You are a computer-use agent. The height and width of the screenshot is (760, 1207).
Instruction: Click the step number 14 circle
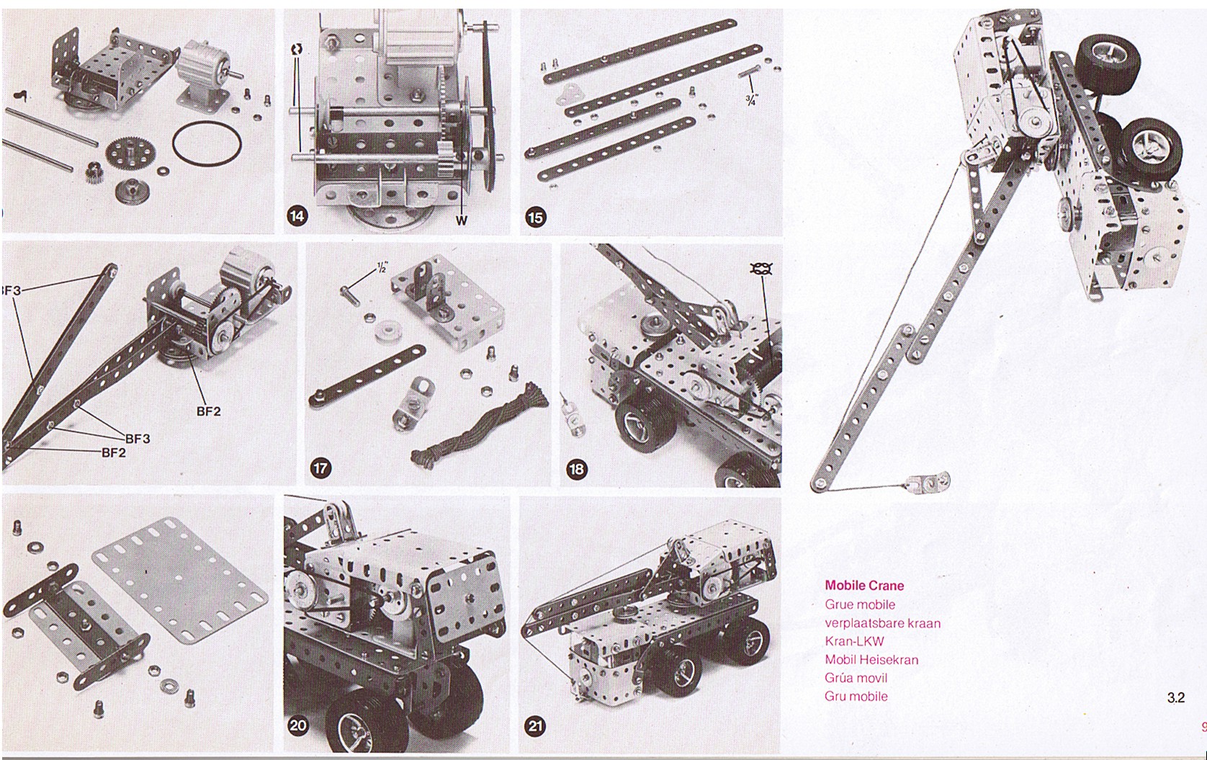coord(297,217)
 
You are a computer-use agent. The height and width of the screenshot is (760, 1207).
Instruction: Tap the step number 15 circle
coord(535,218)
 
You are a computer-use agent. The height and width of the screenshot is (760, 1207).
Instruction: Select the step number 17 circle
coord(320,468)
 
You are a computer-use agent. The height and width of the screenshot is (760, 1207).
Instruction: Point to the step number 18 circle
coord(576,468)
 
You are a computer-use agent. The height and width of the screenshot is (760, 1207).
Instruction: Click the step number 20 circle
coord(298,725)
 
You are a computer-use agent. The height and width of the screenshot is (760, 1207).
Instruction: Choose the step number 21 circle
coord(535,726)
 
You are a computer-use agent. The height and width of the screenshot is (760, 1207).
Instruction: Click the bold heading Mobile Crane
coord(864,586)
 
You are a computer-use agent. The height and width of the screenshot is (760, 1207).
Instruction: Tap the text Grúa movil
coord(856,678)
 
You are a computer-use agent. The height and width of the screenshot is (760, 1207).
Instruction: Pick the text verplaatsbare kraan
coord(883,623)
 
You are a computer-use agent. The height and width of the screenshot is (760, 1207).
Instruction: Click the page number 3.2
coord(1176,698)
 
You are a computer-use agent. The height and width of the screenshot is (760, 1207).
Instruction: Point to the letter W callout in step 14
coord(461,220)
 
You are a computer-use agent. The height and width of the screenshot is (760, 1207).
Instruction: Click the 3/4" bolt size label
coord(751,99)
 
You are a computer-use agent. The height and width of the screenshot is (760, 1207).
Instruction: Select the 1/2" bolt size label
coord(382,267)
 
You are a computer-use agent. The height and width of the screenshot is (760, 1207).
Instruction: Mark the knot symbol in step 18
coord(761,269)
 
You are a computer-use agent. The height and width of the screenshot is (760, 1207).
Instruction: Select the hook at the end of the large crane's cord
coord(928,481)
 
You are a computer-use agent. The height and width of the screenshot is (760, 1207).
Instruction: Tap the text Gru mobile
coord(856,696)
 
